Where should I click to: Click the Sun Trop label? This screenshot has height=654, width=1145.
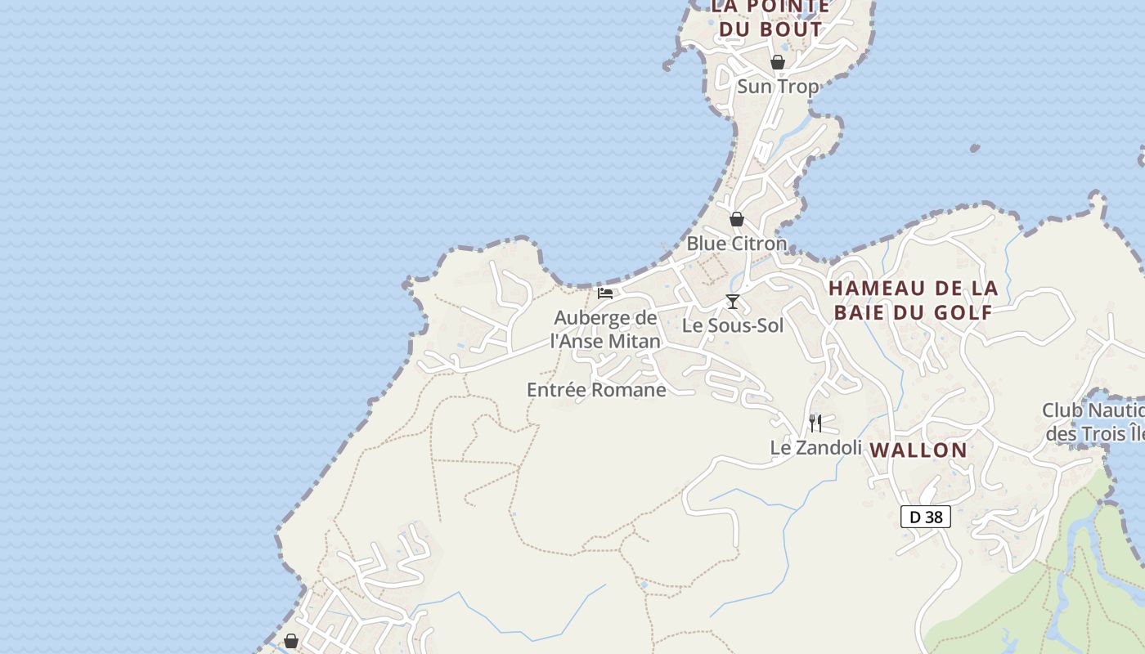(x=777, y=87)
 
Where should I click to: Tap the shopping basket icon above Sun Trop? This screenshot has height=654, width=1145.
(x=777, y=62)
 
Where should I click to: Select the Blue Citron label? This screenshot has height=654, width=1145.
(x=736, y=244)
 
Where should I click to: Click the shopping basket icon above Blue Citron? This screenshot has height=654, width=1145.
(x=736, y=219)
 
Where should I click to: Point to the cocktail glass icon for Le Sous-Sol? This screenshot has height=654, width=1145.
(x=733, y=302)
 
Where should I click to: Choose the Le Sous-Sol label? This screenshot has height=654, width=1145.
(x=733, y=325)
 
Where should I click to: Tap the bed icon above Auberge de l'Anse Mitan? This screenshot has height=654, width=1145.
(x=605, y=293)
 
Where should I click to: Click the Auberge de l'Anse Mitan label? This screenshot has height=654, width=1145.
(x=605, y=329)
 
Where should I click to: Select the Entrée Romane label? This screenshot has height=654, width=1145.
(x=596, y=390)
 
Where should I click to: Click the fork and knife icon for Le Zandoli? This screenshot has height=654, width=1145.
(x=815, y=423)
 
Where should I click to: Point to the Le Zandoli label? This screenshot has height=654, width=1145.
(x=815, y=448)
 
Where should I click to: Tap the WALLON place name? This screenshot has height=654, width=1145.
(x=918, y=450)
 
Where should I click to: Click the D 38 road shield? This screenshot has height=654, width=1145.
(x=925, y=517)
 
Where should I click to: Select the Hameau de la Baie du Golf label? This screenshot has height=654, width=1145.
(x=913, y=300)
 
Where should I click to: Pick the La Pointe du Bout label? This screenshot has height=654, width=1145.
(x=770, y=18)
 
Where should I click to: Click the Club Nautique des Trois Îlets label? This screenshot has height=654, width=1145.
(x=1094, y=422)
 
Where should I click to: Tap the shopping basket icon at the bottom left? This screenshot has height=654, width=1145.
(x=290, y=641)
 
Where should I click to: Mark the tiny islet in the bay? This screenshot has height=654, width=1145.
(x=974, y=149)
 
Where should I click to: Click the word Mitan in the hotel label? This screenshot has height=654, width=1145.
(x=631, y=342)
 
